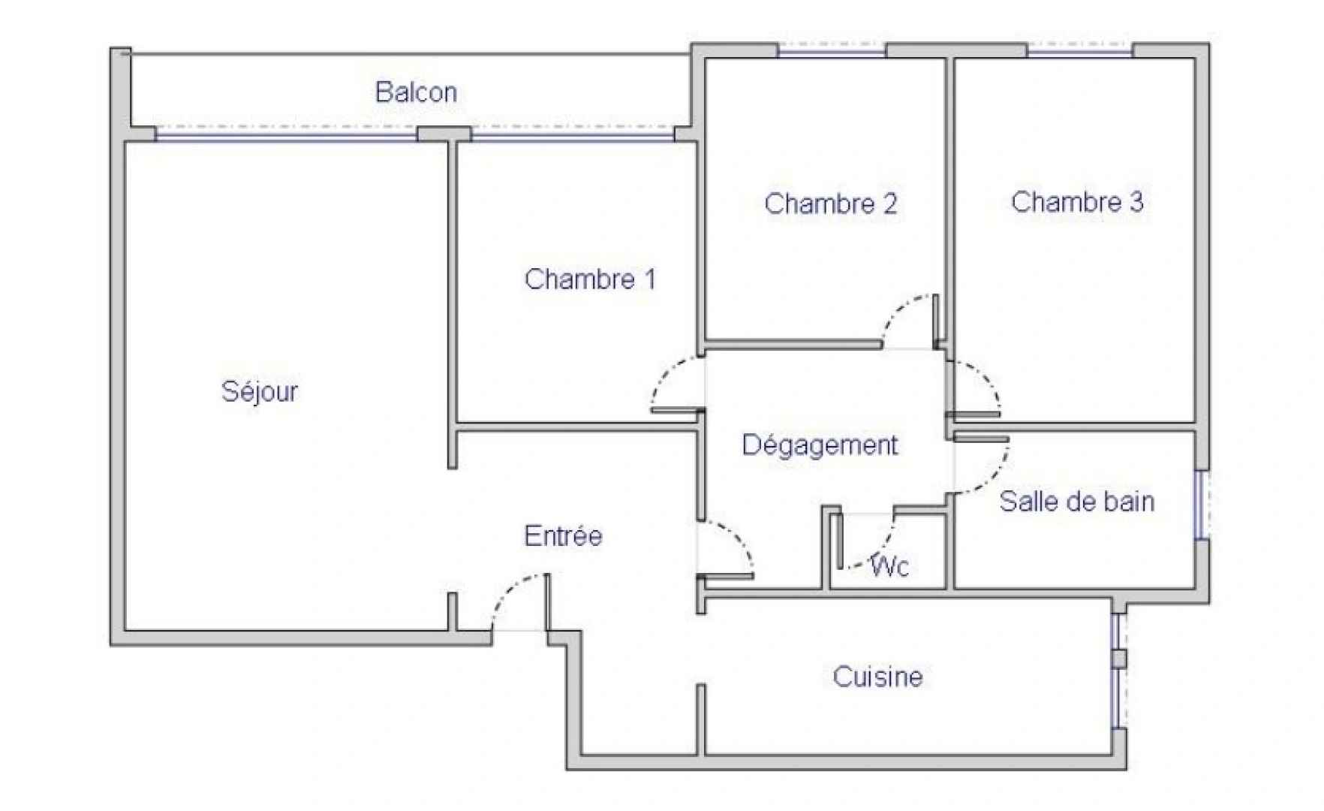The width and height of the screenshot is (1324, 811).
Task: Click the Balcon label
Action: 416,92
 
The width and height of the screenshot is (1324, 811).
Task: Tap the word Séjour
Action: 259,391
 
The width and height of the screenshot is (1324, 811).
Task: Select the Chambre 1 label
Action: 590,279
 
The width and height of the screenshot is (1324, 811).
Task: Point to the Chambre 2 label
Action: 830,204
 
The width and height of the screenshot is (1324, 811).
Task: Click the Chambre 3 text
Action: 1077,201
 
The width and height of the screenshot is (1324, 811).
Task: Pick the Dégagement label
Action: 820,445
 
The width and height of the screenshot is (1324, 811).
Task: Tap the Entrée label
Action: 563,535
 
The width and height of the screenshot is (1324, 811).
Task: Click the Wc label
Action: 890,565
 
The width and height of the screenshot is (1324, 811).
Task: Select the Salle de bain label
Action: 1076,501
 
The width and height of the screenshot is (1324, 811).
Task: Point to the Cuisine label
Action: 877,677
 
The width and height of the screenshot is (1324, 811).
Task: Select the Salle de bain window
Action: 1201,505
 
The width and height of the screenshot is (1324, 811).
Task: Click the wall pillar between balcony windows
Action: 444,134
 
